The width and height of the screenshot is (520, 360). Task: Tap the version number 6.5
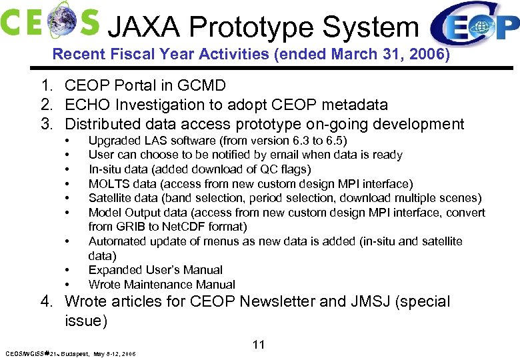click(331, 141)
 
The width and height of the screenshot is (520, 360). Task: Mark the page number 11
click(259, 345)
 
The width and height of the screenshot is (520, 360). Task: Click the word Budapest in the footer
click(75, 353)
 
